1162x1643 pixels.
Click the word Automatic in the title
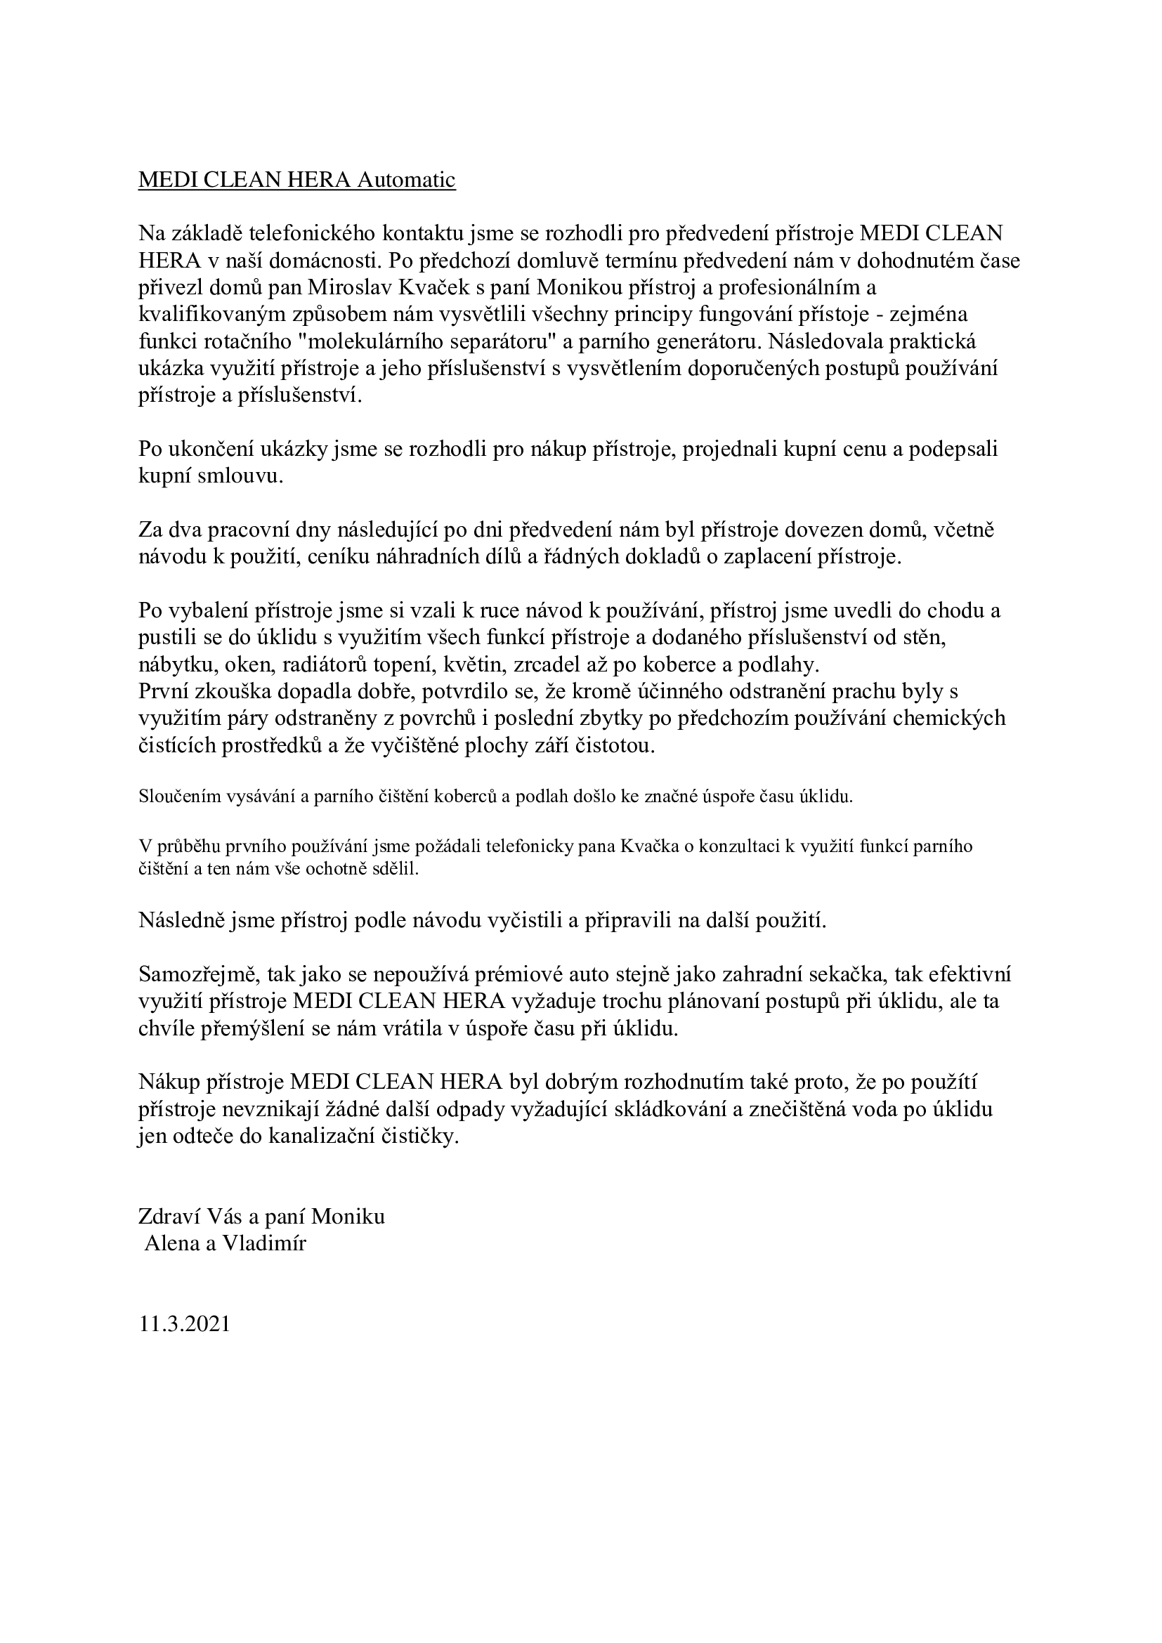click(x=405, y=181)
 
